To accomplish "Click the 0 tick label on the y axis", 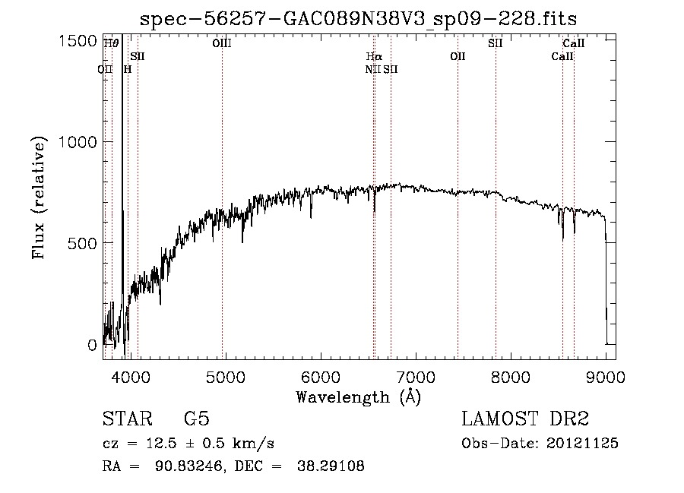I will pos(92,345).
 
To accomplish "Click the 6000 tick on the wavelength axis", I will pos(320,376).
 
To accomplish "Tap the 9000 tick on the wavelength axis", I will pos(606,376).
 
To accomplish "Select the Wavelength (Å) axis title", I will pos(358,397).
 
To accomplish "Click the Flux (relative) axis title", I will pos(39,198).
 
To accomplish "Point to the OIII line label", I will pos(222,44).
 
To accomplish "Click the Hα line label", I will pos(373,56).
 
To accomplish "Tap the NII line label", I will pos(372,69).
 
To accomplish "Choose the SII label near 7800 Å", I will pos(496,43).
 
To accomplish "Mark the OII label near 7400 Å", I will pos(458,56).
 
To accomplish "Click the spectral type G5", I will pos(197,419).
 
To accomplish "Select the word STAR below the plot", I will pos(127,419).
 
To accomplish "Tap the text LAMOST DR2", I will pos(525,419).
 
